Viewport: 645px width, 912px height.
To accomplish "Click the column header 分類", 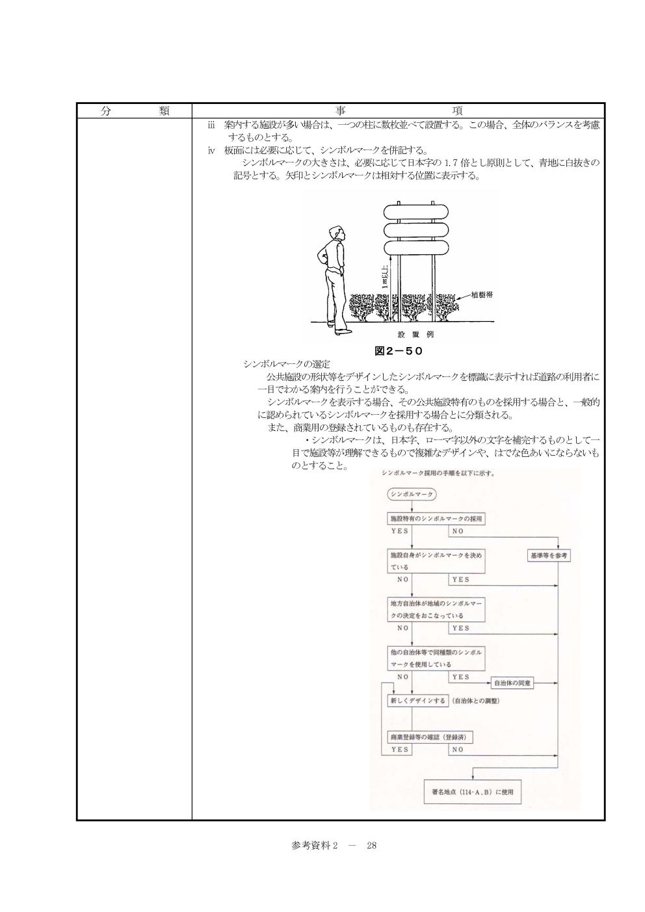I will click(135, 111).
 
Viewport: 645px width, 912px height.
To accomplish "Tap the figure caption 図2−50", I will click(399, 350).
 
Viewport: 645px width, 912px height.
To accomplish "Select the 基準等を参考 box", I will click(549, 555).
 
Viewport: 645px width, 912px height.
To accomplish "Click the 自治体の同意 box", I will click(512, 683).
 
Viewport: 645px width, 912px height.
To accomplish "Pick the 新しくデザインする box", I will click(417, 701).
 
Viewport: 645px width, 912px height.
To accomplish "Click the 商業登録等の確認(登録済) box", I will click(430, 737).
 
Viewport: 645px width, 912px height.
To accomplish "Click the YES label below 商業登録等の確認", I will click(400, 749).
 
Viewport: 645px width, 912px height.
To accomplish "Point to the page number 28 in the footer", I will click(372, 846).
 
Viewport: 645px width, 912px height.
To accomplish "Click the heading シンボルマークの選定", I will click(287, 364).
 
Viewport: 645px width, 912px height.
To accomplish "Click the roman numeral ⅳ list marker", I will click(211, 150).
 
